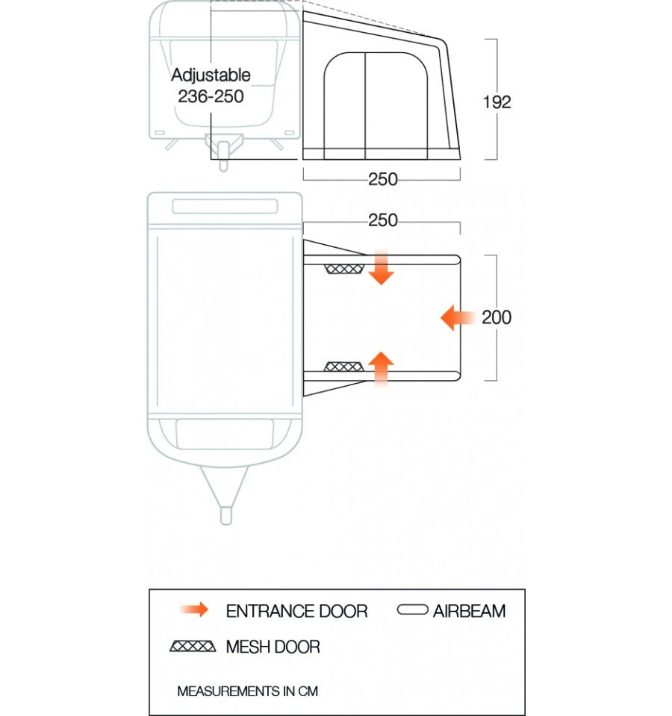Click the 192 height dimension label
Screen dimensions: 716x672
(x=497, y=102)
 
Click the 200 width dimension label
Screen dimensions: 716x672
(x=497, y=317)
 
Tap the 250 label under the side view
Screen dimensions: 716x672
(x=382, y=180)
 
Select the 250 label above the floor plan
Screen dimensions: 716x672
(x=382, y=221)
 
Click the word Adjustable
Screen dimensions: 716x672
(x=211, y=75)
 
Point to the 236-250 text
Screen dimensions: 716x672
(x=211, y=96)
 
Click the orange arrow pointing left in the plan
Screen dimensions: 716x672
(x=458, y=318)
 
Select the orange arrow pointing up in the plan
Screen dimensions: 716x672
(x=382, y=368)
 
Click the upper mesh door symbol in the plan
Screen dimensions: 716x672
(x=344, y=268)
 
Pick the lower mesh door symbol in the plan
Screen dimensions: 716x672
(x=344, y=367)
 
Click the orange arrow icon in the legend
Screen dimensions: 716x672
(x=194, y=610)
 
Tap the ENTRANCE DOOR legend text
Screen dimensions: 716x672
(x=296, y=611)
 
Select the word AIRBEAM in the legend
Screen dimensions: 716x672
(x=469, y=611)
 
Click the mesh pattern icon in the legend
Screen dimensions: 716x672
(x=193, y=646)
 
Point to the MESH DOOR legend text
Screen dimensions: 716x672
(x=273, y=647)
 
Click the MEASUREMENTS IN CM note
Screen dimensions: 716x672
(x=247, y=691)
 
